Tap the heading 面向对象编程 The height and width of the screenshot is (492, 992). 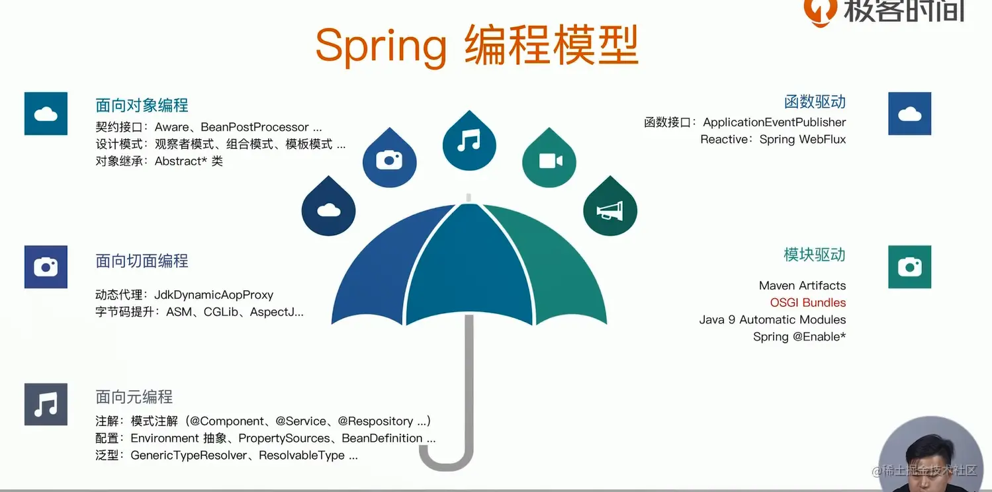142,105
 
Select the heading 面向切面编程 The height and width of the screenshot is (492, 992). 142,261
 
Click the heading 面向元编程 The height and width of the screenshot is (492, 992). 134,397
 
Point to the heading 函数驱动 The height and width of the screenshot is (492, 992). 815,102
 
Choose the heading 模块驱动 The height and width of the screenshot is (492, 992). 815,255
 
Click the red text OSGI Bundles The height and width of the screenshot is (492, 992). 808,303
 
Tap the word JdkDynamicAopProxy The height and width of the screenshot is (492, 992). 214,295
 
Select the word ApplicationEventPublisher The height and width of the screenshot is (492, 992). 774,122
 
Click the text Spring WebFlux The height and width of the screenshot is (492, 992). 803,140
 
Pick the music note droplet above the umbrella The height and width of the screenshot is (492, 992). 469,140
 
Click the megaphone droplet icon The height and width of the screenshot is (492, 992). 610,206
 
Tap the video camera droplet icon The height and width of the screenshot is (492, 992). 549,157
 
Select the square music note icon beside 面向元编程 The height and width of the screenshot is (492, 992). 46,405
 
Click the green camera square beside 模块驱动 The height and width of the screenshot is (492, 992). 910,266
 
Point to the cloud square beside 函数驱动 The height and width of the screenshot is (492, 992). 910,114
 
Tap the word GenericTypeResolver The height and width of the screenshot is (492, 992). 189,455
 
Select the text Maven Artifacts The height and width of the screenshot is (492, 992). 802,286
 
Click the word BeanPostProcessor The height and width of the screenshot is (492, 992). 255,127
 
